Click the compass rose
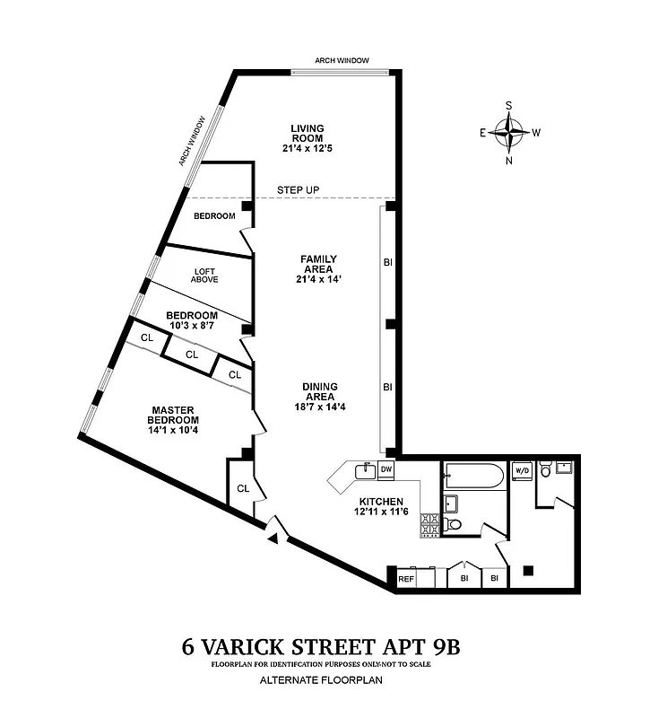(509, 134)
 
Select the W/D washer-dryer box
(521, 469)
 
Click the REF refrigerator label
(406, 580)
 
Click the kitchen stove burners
(429, 526)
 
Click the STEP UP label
(299, 190)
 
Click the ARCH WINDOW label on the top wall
(342, 61)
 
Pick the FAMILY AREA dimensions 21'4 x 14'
(318, 279)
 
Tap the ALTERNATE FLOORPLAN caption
(333, 681)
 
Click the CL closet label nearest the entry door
(242, 488)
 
